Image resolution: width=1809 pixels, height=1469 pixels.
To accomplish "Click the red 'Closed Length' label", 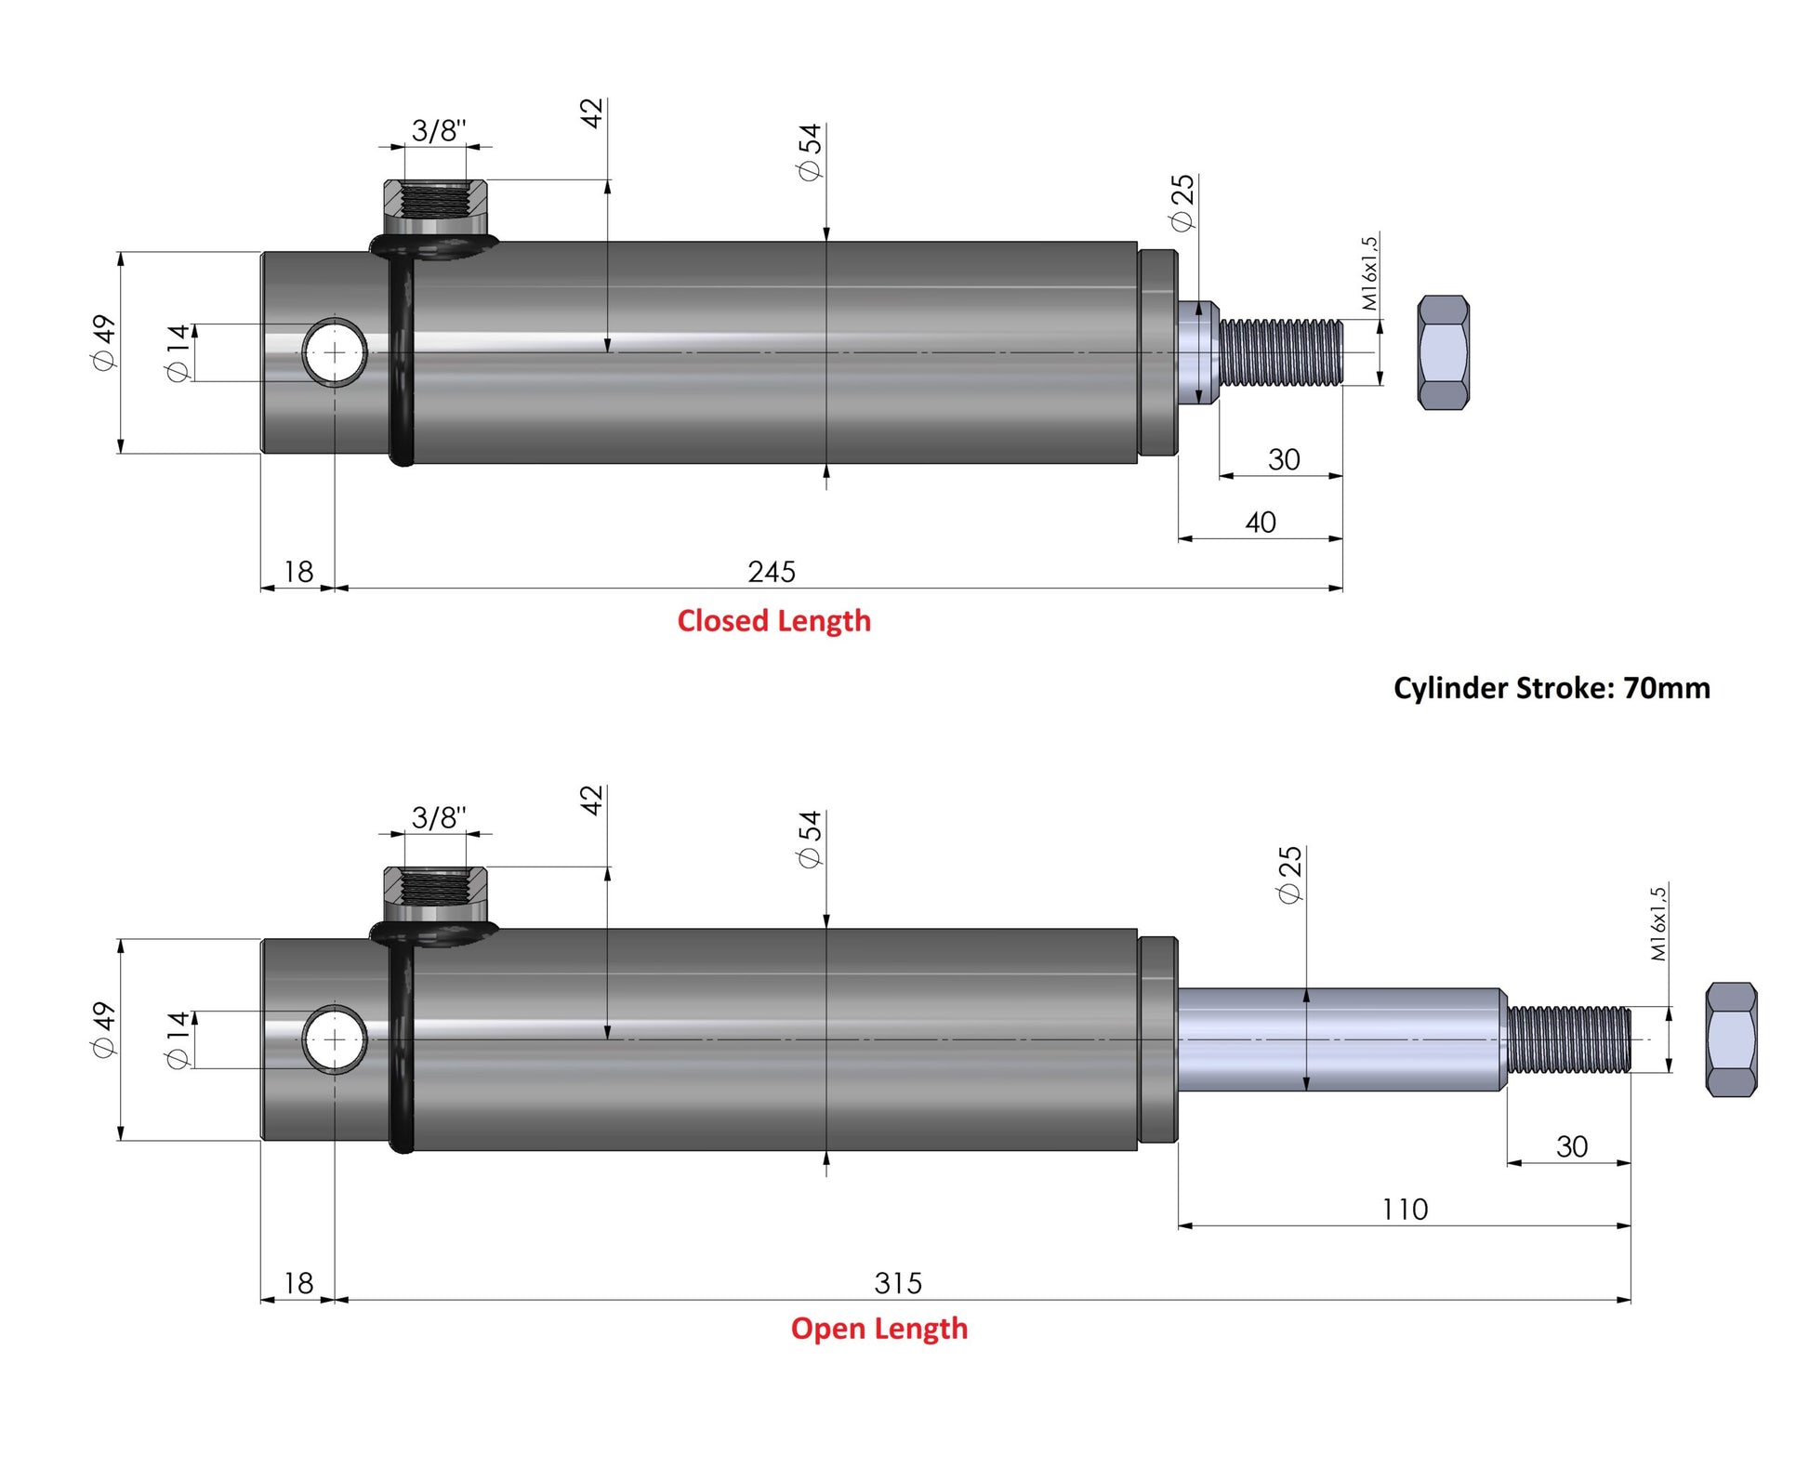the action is [773, 621].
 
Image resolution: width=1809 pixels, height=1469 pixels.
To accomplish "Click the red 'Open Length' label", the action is [879, 1329].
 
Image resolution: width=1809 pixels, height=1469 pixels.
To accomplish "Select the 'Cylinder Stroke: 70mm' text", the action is [1552, 688].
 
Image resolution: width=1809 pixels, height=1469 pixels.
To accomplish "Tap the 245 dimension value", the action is [772, 571].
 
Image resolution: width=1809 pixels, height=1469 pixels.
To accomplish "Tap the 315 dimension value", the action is [898, 1283].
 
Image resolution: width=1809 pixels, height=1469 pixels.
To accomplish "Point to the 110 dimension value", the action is [1405, 1209].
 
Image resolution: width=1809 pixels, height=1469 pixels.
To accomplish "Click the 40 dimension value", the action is [1261, 523].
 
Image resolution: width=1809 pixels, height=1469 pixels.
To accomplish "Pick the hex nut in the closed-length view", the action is [1444, 352].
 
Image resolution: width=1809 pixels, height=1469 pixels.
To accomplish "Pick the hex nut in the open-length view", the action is [1732, 1039].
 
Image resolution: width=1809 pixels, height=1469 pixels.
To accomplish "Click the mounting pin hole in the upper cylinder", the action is [335, 352].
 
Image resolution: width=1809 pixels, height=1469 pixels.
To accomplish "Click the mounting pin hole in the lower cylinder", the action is [335, 1039].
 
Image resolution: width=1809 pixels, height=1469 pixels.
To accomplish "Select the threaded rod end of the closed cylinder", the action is [1281, 352].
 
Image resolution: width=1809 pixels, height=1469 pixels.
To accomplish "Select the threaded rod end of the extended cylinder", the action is [1569, 1039].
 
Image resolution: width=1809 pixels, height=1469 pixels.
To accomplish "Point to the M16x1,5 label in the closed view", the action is [1369, 273].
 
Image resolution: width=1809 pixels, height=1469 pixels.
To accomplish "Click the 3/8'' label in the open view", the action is [439, 817].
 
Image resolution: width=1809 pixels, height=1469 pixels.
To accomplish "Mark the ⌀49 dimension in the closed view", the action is [103, 342].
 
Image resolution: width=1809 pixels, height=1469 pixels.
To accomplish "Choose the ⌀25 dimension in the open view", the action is [1289, 874].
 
